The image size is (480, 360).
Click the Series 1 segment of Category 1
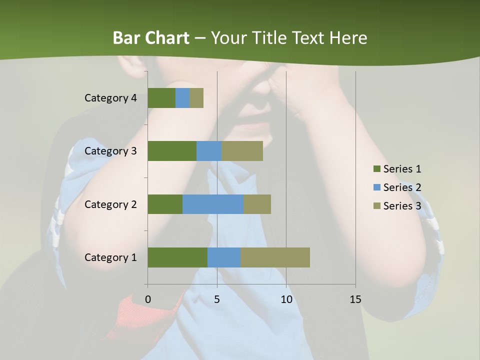coord(177,257)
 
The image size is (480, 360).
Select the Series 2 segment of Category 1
coord(224,257)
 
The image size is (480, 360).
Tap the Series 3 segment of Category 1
coord(275,257)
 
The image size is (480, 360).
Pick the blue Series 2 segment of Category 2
coord(213,204)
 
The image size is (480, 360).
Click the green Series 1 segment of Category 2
coord(165,204)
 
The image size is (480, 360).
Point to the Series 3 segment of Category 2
coord(257,204)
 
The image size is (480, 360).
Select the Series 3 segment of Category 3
coord(242,151)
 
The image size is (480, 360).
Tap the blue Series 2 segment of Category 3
coord(209,151)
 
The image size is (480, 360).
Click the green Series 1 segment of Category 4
coord(161,98)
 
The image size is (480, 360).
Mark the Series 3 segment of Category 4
coord(196,98)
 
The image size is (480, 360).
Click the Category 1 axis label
coord(110,257)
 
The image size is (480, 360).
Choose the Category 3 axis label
coord(110,151)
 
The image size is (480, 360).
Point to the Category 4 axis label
coord(110,98)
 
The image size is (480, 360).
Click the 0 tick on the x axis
coord(148,299)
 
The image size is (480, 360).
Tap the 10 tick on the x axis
coord(286,299)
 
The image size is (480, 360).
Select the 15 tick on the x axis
coord(355,299)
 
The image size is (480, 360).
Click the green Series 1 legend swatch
coord(376,169)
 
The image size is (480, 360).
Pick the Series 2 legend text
coord(402,187)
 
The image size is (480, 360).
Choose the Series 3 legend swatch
coord(376,206)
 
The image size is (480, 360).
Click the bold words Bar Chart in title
coord(151,37)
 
